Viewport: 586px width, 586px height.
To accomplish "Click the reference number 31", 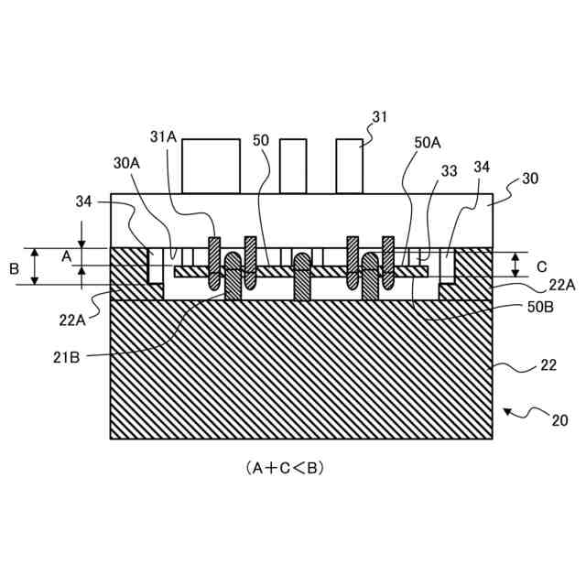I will tap(380, 116).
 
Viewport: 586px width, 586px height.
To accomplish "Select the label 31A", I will tap(163, 136).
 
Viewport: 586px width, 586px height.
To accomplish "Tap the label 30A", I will tap(126, 162).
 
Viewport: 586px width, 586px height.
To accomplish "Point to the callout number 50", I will tap(260, 141).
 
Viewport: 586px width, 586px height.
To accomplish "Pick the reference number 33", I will tap(449, 170).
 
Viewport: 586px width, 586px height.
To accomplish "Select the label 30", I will tap(529, 179).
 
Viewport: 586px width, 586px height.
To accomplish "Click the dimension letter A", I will tap(66, 257).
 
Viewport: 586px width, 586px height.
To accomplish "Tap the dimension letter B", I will tap(14, 269).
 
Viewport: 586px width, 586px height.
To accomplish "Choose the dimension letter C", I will tap(541, 266).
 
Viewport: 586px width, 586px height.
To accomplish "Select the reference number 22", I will tap(547, 366).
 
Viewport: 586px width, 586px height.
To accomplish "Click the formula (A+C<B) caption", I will tap(285, 467).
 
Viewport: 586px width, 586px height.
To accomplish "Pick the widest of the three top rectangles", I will tap(211, 166).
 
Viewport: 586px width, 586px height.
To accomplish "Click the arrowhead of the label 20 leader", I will tap(505, 412).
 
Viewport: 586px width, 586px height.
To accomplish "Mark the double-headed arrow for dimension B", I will tap(36, 266).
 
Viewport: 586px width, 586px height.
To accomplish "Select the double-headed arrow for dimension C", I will tap(515, 266).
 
